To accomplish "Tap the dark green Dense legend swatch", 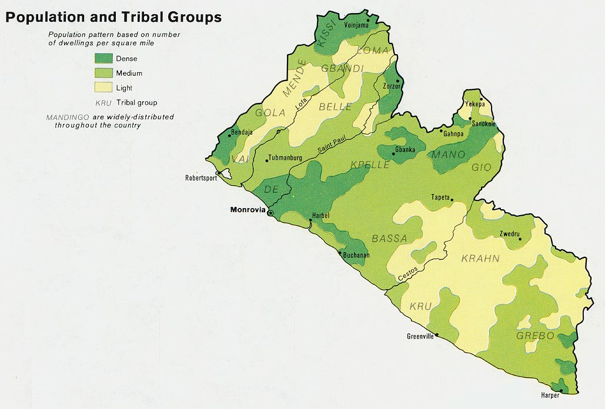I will pyautogui.click(x=103, y=58).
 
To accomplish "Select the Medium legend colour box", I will pyautogui.click(x=103, y=73).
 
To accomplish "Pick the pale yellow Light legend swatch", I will pyautogui.click(x=103, y=88).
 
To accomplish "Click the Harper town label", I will pyautogui.click(x=550, y=395).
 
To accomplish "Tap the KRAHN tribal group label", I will pyautogui.click(x=480, y=259).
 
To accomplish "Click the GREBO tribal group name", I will pyautogui.click(x=535, y=336).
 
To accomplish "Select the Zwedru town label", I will pyautogui.click(x=510, y=233).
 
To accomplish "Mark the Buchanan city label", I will pyautogui.click(x=357, y=255).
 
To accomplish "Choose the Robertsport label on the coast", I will pyautogui.click(x=200, y=178).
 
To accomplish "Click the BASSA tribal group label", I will pyautogui.click(x=389, y=238).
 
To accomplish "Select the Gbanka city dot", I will pyautogui.click(x=393, y=155).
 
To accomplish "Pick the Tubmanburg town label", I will pyautogui.click(x=285, y=158).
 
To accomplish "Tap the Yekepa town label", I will pyautogui.click(x=474, y=104).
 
